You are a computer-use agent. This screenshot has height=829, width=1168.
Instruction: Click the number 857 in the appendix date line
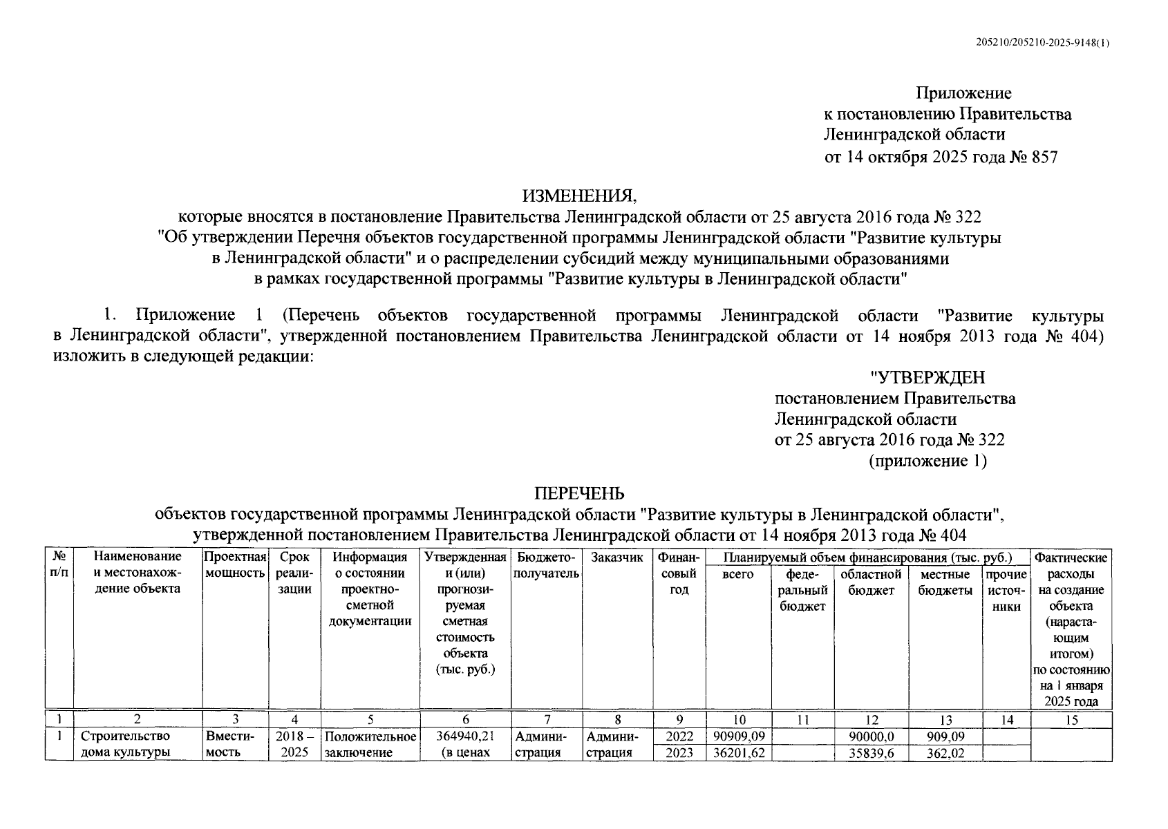[x=1044, y=157]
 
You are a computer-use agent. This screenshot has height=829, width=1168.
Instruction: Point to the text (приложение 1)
[x=927, y=461]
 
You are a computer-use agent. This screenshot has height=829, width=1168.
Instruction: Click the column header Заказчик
[x=617, y=558]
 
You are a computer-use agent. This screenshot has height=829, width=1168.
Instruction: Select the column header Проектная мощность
[x=236, y=565]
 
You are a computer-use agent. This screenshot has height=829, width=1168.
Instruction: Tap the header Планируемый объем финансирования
[x=867, y=558]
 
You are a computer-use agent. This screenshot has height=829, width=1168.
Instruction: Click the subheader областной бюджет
[x=871, y=582]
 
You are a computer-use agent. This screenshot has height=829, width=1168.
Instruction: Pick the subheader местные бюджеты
[x=945, y=582]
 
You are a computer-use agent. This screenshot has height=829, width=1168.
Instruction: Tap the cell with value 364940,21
[x=465, y=737]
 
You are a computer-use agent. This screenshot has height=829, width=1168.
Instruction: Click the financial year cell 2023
[x=679, y=753]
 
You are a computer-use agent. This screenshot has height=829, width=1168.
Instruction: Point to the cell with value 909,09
[x=945, y=737]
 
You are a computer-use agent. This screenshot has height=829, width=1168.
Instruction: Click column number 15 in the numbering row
[x=1071, y=720]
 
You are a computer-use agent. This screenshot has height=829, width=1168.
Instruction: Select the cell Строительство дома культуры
[x=125, y=745]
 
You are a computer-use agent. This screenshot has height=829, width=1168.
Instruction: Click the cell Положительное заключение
[x=370, y=745]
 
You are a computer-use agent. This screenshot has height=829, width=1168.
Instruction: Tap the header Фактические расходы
[x=1071, y=565]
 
